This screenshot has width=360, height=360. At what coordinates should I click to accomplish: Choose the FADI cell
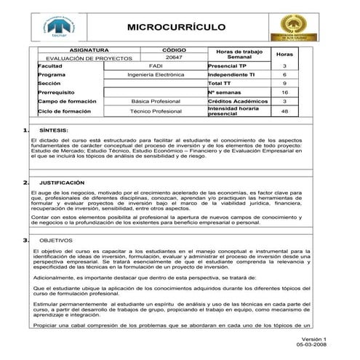coord(156,65)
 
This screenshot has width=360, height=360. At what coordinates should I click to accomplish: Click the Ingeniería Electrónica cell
coord(156,74)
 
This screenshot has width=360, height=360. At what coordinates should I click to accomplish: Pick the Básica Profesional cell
coord(156,102)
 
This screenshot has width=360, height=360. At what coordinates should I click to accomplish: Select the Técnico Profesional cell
coord(156,111)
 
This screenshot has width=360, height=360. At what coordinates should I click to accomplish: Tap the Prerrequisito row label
coord(57,93)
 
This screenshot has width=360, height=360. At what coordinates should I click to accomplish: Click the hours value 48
coord(284,111)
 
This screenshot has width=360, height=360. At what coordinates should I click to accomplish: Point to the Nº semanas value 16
coord(284,93)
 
